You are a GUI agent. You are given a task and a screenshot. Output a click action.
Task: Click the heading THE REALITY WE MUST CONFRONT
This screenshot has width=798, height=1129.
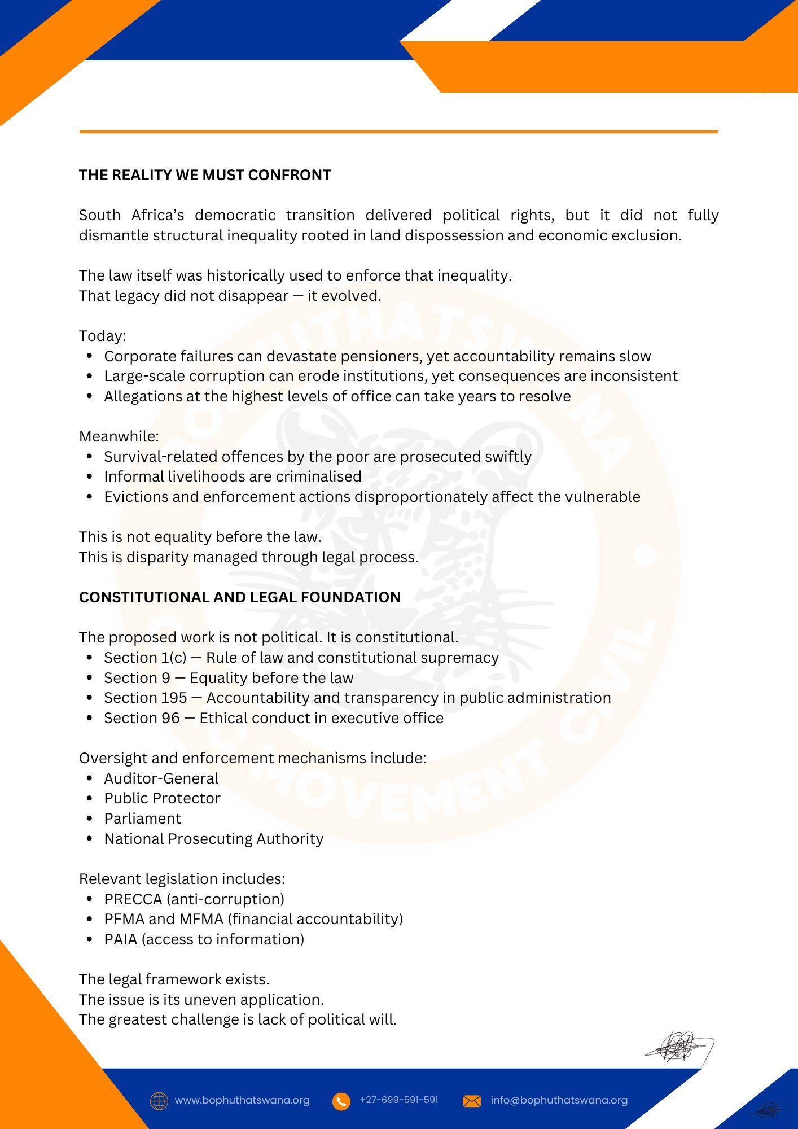tap(205, 175)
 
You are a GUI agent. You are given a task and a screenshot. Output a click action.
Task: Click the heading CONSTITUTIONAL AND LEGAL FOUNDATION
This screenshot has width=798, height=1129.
tap(239, 597)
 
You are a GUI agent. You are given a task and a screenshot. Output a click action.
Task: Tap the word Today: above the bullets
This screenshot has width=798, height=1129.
tap(102, 336)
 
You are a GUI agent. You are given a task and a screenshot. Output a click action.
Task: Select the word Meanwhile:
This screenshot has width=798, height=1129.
tap(119, 436)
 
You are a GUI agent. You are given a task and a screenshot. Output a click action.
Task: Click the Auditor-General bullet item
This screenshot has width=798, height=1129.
tap(161, 778)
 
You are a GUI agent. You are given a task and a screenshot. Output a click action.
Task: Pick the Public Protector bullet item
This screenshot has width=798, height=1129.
tap(162, 798)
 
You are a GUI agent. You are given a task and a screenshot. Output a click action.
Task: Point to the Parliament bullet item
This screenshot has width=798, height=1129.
tap(142, 819)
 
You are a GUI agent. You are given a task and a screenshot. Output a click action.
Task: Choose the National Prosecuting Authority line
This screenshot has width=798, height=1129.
tap(213, 839)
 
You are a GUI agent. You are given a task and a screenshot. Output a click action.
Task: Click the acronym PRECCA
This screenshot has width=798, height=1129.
tap(133, 899)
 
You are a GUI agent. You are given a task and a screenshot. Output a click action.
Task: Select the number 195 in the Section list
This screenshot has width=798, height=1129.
tap(173, 698)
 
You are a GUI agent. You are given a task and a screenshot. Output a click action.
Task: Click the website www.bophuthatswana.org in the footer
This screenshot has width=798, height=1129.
tap(242, 1100)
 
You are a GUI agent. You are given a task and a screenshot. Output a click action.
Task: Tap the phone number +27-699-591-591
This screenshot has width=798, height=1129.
tap(398, 1100)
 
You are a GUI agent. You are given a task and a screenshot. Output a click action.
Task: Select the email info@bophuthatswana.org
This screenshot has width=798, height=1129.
tap(559, 1100)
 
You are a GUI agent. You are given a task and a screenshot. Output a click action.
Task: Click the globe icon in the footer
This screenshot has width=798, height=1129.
tap(159, 1101)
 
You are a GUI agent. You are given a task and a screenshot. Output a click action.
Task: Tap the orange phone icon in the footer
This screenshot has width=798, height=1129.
tap(341, 1101)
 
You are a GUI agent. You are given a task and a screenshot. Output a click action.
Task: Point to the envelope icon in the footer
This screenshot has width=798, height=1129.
tap(472, 1101)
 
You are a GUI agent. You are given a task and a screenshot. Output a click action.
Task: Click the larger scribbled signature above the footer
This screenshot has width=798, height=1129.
tap(680, 1048)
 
